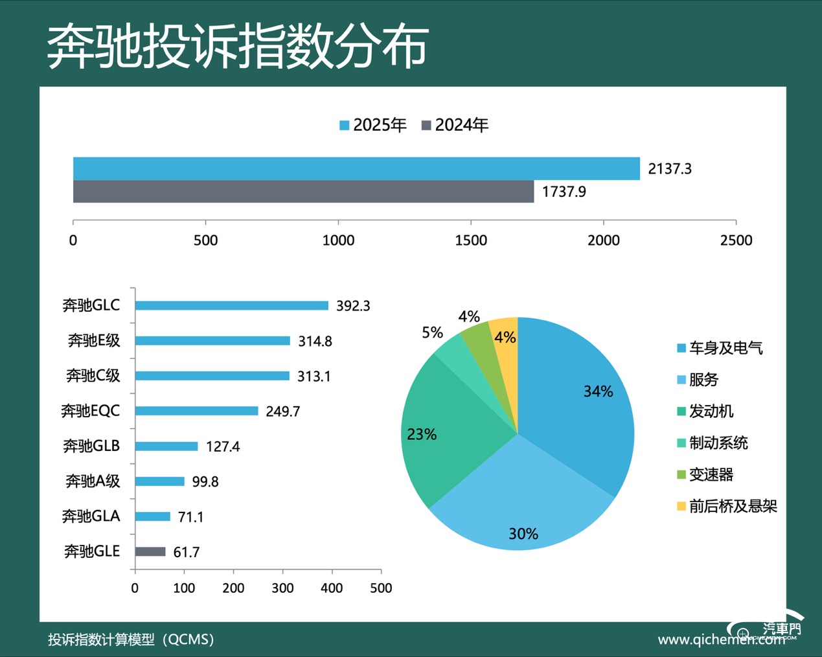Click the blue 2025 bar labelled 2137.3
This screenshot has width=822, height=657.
(x=356, y=168)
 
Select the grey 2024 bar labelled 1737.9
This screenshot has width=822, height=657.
(x=303, y=192)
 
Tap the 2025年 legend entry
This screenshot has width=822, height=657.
(x=373, y=125)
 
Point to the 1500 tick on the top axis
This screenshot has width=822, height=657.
(x=471, y=240)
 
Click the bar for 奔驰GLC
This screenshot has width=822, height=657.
(x=231, y=306)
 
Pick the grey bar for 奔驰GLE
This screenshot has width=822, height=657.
(x=150, y=552)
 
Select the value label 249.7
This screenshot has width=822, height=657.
(x=282, y=411)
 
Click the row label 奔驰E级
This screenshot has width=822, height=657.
(x=94, y=341)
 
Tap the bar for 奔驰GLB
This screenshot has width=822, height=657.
(x=166, y=446)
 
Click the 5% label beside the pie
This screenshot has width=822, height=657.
(x=432, y=333)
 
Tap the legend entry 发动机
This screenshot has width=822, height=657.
(x=711, y=411)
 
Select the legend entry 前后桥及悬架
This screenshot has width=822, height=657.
(x=732, y=506)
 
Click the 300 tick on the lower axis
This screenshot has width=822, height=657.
(x=282, y=588)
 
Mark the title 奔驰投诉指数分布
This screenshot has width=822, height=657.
(x=238, y=47)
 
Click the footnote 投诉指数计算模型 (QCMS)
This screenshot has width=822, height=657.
(x=131, y=640)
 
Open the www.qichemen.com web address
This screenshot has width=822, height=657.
(x=721, y=640)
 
